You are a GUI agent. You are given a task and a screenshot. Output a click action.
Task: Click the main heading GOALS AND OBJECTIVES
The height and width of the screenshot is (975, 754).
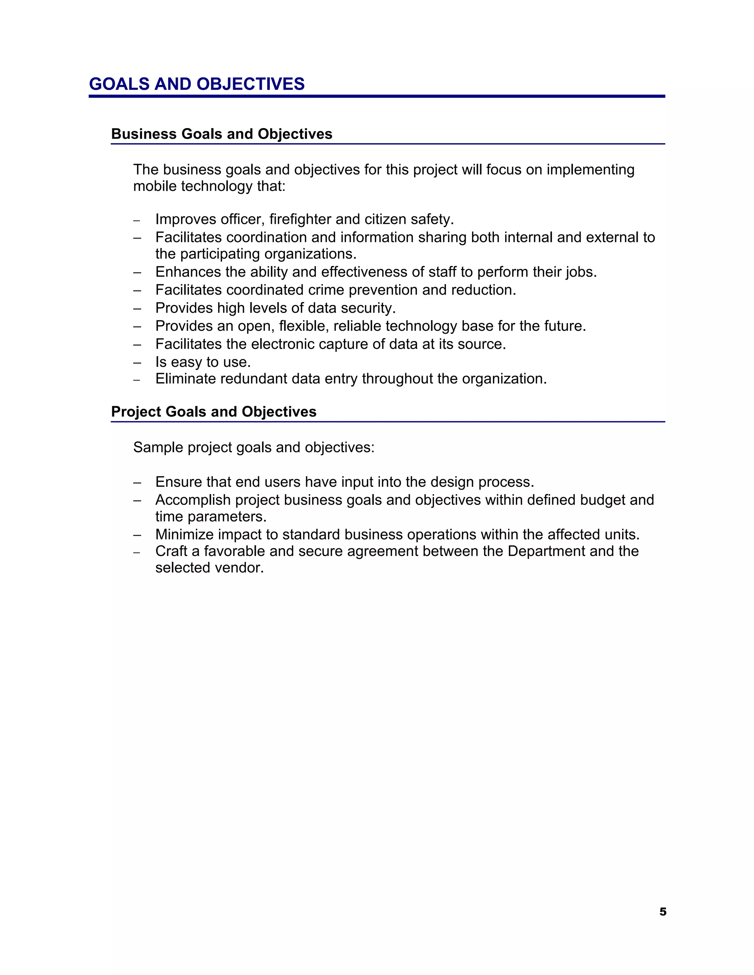coord(197,84)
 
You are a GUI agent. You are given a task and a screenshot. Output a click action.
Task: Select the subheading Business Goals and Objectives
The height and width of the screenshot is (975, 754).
coord(222,134)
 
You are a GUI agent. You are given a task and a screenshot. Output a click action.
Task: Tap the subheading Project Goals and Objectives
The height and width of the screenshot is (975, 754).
coord(214,412)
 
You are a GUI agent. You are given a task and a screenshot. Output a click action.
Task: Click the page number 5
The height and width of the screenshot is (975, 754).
coord(663,912)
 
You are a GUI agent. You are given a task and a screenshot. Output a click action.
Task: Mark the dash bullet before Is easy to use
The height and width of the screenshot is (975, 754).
coord(137,362)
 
